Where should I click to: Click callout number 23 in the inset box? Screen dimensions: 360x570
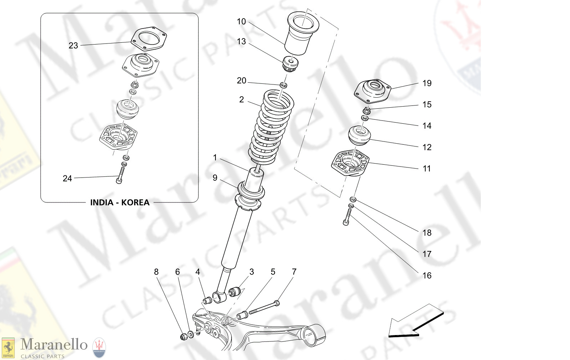[73, 46]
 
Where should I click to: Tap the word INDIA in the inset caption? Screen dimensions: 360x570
[102, 202]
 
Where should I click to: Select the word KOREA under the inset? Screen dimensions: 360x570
[135, 202]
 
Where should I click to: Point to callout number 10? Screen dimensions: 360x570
[241, 22]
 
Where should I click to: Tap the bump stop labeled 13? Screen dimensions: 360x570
[291, 65]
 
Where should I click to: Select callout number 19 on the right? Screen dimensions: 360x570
[427, 83]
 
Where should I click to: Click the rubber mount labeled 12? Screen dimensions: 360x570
[360, 135]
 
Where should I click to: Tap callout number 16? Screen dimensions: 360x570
[427, 276]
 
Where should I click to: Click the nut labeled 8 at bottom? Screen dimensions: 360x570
[184, 336]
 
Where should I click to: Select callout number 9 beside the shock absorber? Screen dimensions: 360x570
[215, 178]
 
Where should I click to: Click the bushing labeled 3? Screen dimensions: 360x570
[234, 292]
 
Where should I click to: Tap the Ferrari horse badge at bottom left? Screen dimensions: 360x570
[8, 348]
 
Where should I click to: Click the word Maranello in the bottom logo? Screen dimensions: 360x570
[54, 344]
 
